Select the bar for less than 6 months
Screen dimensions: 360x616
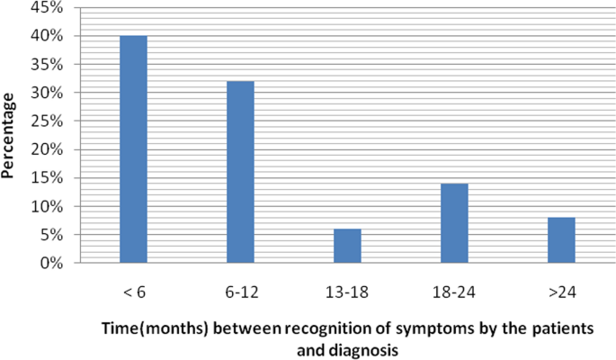tap(133, 149)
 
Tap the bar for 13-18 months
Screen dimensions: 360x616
tap(347, 246)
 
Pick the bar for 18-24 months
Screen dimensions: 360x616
tap(454, 223)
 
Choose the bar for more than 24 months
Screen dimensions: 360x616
tap(561, 240)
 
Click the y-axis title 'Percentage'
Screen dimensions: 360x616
tap(11, 135)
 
